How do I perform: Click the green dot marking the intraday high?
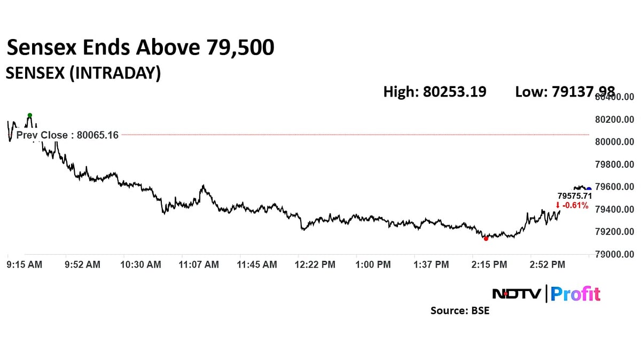coord(30,115)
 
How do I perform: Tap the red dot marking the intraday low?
coord(486,239)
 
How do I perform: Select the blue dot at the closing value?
coord(589,189)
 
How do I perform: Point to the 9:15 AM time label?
coord(24,264)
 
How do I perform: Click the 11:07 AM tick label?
coord(199,264)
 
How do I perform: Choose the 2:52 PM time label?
coord(547,264)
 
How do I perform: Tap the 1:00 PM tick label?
coord(374,264)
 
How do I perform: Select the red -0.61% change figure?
coord(572,205)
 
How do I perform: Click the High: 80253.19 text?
coord(435,92)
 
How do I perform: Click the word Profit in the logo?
coord(575,294)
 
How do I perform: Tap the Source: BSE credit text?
coord(460,310)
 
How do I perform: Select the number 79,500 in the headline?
coord(240,48)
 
